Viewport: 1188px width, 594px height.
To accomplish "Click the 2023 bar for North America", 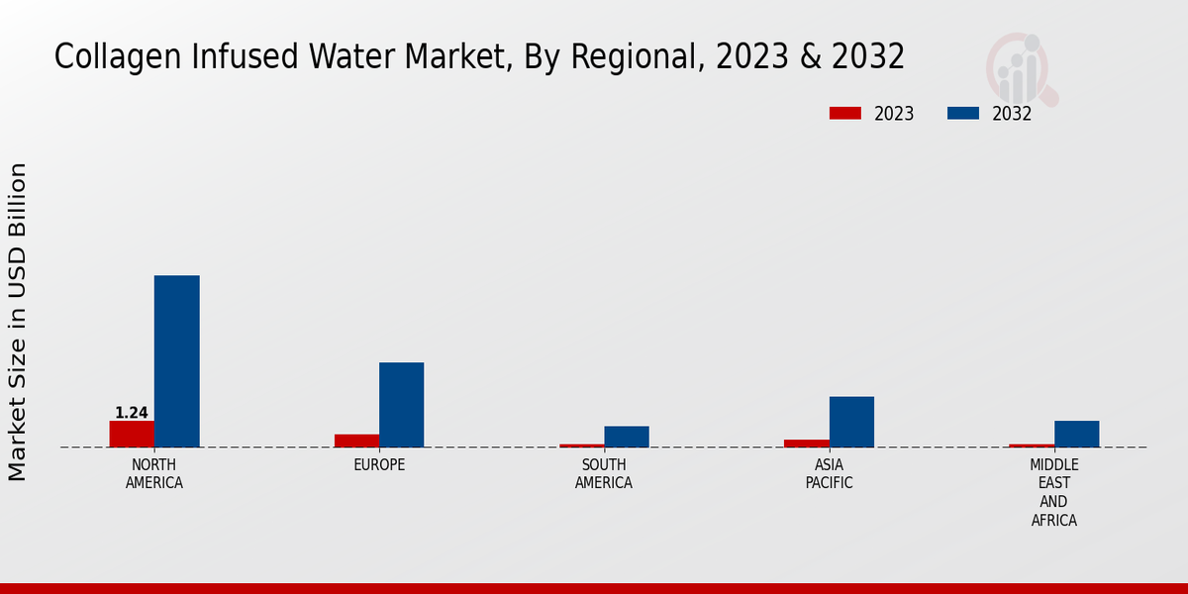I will coord(132,434).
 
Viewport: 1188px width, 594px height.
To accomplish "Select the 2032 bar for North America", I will coord(176,361).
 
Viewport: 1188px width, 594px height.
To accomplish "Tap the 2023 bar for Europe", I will coord(356,441).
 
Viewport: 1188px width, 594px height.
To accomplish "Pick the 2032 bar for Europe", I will coord(401,405).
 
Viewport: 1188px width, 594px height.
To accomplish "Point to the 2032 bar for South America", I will coord(627,437).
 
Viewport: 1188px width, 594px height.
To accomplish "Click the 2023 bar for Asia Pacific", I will coord(807,444).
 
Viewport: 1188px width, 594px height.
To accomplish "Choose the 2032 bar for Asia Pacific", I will coord(851,422).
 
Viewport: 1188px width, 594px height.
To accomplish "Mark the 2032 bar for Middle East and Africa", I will coord(1076,434).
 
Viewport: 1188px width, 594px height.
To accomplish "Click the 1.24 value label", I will coord(132,413).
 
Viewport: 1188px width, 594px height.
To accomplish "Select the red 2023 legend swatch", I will coord(844,114).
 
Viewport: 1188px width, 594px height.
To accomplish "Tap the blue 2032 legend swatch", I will coord(962,114).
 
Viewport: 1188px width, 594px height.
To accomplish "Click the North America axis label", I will coord(154,474).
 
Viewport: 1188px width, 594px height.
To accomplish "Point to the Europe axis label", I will coord(379,465).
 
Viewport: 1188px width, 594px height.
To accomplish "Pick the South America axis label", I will coord(604,474).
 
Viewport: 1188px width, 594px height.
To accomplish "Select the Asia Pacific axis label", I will coord(829,474).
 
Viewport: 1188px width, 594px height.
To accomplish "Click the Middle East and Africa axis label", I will coord(1054,492).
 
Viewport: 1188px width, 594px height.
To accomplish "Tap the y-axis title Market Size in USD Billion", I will coord(18,322).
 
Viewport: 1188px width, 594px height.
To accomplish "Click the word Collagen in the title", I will coord(109,57).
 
